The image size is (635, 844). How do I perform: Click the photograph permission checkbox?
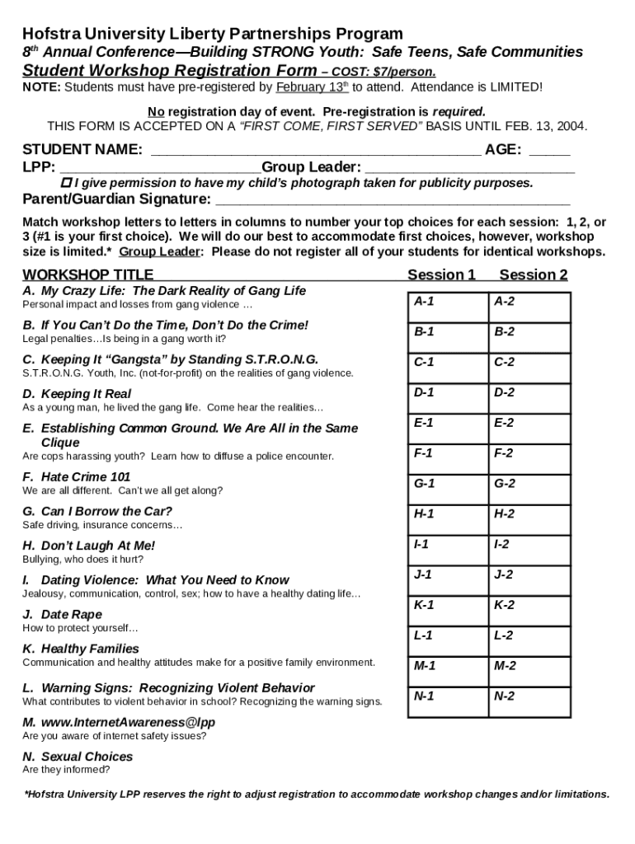point(68,183)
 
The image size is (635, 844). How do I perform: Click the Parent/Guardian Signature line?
point(392,200)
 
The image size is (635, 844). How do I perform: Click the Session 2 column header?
point(533,274)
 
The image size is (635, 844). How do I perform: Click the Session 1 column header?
point(441,274)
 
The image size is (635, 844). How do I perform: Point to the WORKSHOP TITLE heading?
point(87,274)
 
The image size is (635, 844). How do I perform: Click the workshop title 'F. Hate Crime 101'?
point(77,477)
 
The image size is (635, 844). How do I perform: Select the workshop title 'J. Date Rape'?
point(63,615)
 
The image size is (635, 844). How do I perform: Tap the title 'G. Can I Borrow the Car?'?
point(97,511)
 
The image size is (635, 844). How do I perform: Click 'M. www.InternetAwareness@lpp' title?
point(112,722)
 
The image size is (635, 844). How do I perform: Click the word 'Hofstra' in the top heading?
point(53,34)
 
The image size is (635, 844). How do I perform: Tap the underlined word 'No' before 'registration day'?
point(155,111)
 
